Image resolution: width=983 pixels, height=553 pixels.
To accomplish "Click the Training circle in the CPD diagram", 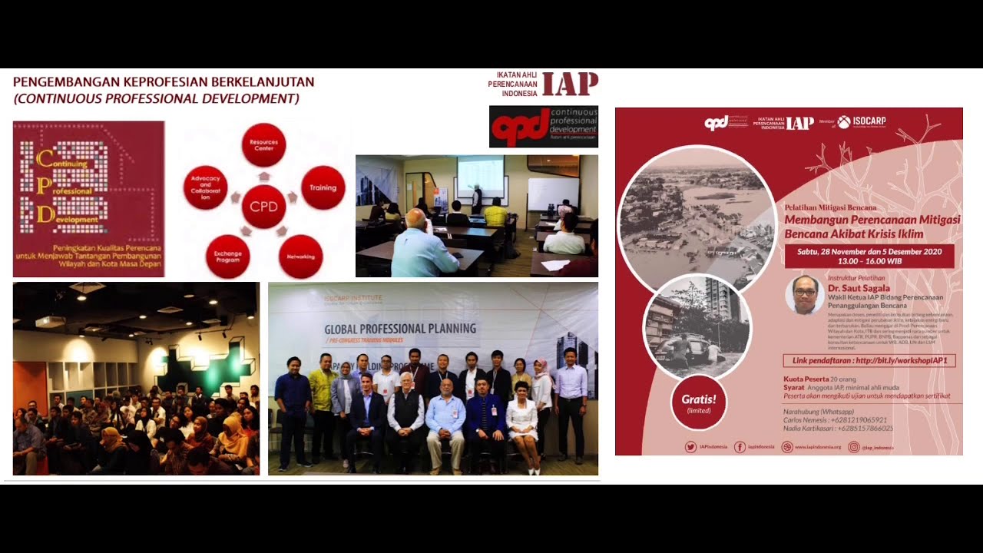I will point(323,187).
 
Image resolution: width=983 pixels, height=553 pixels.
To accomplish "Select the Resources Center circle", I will point(263,145).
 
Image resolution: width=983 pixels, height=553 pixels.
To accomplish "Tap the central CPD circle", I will point(263,207).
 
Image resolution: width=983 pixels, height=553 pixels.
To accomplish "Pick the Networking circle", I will point(300,257).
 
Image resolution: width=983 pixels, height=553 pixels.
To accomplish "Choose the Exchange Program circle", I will point(227,257).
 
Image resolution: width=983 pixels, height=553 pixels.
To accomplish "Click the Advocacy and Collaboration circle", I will point(205,187).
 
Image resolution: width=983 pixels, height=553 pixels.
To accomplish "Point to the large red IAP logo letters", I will point(569,84).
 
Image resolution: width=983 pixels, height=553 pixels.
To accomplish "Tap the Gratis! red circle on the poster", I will point(699,402).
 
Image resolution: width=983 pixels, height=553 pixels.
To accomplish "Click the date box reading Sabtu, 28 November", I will point(869,256).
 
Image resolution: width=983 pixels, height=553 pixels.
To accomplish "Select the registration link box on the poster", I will point(869,360).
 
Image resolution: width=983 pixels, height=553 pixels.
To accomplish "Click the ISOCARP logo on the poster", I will point(861,122).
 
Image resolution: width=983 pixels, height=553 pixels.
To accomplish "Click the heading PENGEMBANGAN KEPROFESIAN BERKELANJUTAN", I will point(164,82).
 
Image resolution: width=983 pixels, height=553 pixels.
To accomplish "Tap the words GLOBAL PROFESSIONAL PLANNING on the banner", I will point(400,329).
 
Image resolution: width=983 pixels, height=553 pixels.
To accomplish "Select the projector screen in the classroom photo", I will point(480,175).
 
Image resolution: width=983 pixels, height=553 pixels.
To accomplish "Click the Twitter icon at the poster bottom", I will point(690,447).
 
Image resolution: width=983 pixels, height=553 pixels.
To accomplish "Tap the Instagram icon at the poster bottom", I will point(853,447).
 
